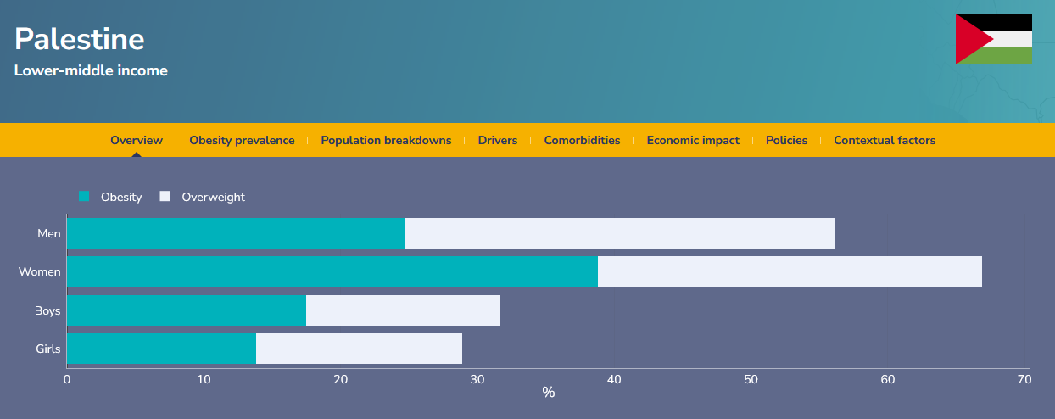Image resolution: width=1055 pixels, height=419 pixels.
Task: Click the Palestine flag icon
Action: (994, 39)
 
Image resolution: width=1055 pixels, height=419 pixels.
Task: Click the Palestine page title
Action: (79, 39)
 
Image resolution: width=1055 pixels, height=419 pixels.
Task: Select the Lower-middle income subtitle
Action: (91, 70)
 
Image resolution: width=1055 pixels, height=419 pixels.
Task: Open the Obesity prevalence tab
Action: (242, 140)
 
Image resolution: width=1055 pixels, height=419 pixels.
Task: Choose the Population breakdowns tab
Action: (386, 140)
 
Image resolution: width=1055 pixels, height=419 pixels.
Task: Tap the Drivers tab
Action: (498, 140)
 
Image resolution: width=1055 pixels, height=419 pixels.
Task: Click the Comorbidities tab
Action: (582, 140)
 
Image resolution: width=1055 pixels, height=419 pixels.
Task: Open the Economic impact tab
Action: (693, 140)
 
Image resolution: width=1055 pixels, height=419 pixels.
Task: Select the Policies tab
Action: (786, 140)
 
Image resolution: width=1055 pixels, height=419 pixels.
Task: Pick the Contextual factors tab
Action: (885, 140)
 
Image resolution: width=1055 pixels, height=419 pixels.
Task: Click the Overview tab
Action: (137, 140)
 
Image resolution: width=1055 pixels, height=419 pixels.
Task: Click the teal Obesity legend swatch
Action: (84, 196)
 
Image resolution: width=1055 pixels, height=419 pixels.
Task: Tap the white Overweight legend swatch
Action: (165, 196)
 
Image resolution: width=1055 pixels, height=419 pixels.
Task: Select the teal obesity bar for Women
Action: (332, 271)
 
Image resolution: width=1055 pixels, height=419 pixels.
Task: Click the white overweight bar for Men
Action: (619, 233)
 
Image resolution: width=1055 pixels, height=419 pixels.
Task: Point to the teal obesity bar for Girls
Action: (161, 349)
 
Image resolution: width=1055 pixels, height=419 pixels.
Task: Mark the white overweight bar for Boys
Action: (403, 310)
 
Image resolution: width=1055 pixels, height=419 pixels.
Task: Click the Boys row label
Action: (47, 310)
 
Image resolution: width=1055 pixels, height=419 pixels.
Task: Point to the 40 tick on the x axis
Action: (614, 379)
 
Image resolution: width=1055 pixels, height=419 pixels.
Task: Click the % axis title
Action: (548, 392)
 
